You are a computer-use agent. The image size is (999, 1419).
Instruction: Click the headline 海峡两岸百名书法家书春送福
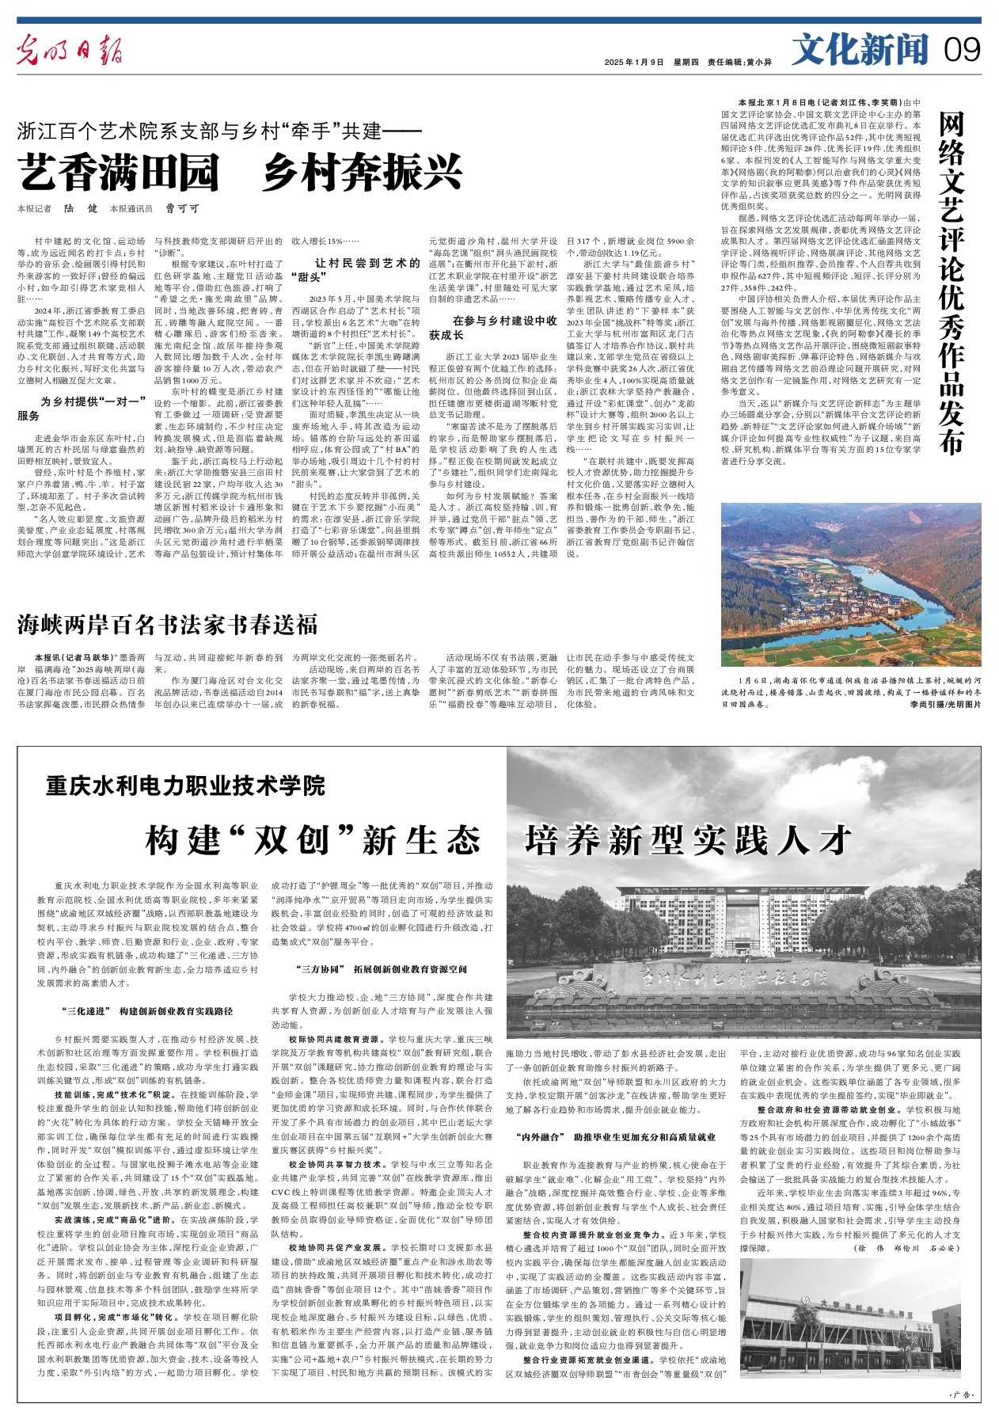pos(167,625)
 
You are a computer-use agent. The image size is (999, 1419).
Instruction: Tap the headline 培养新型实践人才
pos(688,840)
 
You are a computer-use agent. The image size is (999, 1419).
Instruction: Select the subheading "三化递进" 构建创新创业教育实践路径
pos(146,1011)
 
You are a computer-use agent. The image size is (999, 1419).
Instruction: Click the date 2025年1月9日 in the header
pos(633,63)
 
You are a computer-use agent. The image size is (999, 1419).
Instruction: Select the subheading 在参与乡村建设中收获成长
pos(504,328)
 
